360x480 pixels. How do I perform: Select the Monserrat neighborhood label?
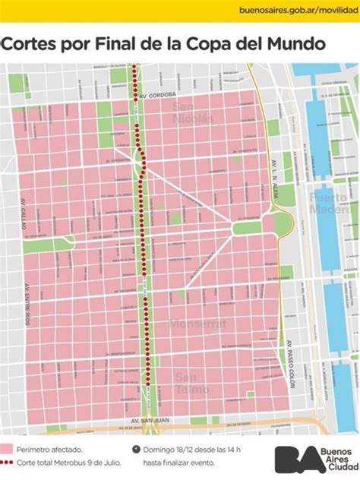tap(198, 324)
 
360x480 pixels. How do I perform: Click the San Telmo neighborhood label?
tap(191, 384)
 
